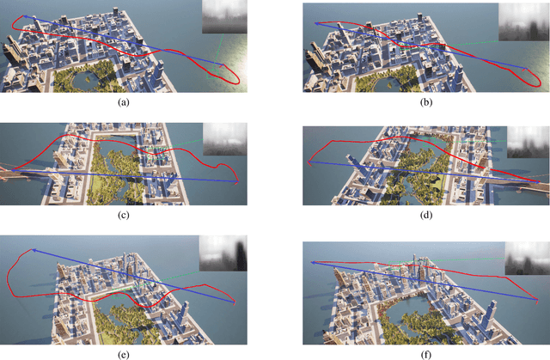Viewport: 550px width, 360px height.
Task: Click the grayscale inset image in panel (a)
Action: (224, 18)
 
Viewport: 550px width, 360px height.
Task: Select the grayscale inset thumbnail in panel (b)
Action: (524, 21)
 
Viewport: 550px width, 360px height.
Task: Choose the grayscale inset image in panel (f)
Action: (527, 256)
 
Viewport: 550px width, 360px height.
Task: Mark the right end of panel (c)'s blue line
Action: (236, 181)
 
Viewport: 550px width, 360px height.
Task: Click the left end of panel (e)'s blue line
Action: (33, 250)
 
